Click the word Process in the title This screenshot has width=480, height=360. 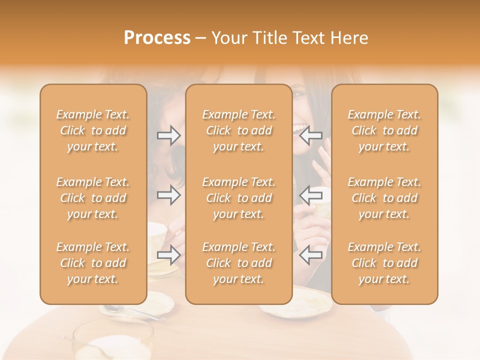(x=157, y=38)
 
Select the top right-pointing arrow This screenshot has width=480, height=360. (x=168, y=135)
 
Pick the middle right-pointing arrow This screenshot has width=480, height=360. (x=168, y=195)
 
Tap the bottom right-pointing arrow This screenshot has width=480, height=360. (x=168, y=255)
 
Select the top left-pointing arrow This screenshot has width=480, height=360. (x=310, y=135)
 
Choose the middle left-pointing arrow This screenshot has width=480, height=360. (x=310, y=195)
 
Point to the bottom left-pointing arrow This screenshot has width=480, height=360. (x=310, y=255)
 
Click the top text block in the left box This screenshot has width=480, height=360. (x=93, y=130)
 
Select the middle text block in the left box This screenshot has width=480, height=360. (x=93, y=198)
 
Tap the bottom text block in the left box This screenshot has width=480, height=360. (x=93, y=263)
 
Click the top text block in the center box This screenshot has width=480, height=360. (x=238, y=130)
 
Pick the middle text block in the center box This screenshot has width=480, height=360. (x=238, y=198)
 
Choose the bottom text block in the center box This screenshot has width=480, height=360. (x=238, y=263)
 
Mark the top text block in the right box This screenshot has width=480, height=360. (x=384, y=130)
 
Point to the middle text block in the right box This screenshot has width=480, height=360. (x=384, y=198)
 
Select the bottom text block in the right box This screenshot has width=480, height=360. (x=384, y=263)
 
